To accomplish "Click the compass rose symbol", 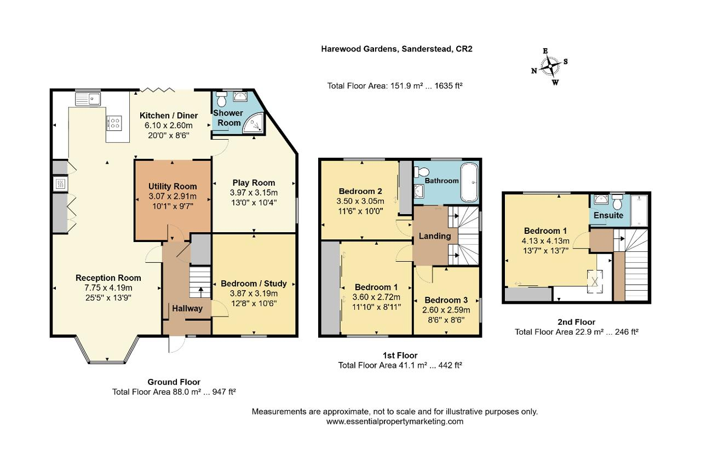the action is [x=550, y=66].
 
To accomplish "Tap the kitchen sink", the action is [x=88, y=99].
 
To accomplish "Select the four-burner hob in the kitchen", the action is [x=114, y=123].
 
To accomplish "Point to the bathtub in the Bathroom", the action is [x=469, y=182].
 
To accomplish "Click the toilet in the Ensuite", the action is [x=617, y=202].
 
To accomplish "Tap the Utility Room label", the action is [x=173, y=186].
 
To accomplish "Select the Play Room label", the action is [x=254, y=182].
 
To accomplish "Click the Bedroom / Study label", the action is [x=254, y=283].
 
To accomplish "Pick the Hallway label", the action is [x=187, y=308].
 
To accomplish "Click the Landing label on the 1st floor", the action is [x=435, y=236].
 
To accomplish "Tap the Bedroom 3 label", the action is [x=446, y=300].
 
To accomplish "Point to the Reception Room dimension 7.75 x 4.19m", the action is [x=108, y=287].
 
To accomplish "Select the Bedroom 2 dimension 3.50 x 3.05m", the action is [x=360, y=201].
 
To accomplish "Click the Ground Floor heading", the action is [x=174, y=382].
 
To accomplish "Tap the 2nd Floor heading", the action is [x=577, y=322].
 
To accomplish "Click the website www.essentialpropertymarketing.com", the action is [x=395, y=421].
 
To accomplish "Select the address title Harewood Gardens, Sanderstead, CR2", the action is [x=397, y=49].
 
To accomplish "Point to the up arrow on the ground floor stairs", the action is [x=200, y=292].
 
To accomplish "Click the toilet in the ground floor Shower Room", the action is [x=222, y=99].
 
